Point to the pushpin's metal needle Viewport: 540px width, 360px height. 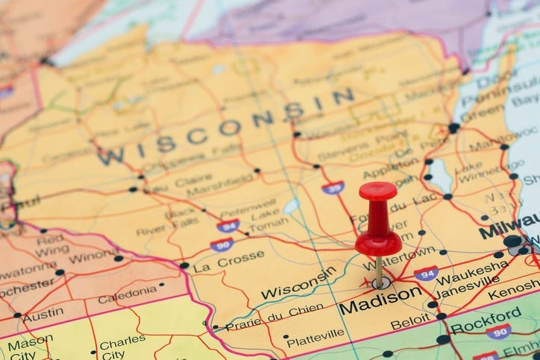(379, 271)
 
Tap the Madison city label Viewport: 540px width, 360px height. (380, 299)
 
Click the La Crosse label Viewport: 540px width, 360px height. (228, 261)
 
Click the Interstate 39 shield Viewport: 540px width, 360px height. (333, 187)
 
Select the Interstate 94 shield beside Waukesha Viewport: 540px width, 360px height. (426, 274)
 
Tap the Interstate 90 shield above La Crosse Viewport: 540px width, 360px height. (222, 244)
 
